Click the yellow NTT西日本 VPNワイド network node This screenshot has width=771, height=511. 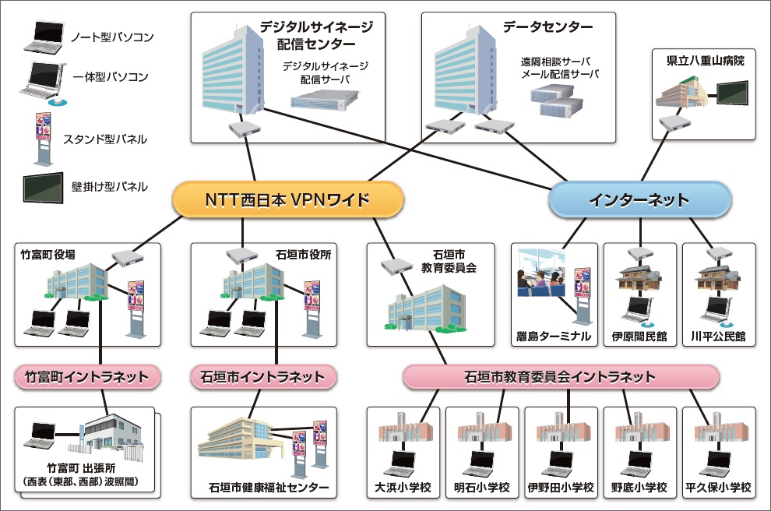pos(287,199)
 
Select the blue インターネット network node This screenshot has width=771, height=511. pos(639,199)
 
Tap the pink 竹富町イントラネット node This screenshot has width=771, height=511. pos(86,377)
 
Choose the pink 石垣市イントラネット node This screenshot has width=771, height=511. pos(263,377)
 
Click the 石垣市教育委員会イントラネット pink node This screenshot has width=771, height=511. pos(561,377)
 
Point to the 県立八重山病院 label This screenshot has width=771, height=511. pos(706,61)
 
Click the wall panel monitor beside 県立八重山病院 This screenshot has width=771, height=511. pos(732,93)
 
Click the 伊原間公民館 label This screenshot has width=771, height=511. pos(639,337)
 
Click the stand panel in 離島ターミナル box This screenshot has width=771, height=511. pos(583,294)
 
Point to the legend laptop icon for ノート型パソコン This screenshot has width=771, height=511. pos(44,37)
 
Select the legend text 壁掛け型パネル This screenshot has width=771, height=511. pos(109,186)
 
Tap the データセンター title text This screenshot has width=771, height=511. pos(547,27)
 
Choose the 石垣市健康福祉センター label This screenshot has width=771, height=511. pos(269,488)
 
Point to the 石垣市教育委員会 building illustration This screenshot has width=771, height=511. pos(426,308)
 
